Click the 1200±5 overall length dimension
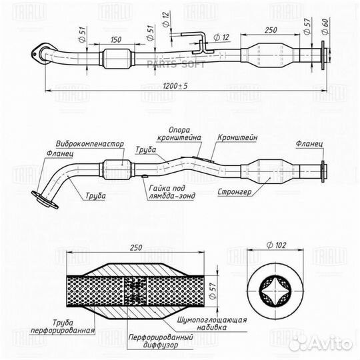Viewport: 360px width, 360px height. point(175,86)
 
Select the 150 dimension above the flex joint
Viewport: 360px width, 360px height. point(116,39)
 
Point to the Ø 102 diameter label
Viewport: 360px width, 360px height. point(277,245)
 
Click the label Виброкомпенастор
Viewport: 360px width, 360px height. point(90,144)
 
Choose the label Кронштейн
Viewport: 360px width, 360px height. point(237,137)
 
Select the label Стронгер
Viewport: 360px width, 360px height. point(235,192)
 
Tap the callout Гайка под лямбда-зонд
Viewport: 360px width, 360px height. point(172,192)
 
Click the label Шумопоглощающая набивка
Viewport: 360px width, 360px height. point(212,323)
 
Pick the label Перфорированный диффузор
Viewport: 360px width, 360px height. point(161,341)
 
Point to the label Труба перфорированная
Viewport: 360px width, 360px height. point(63,327)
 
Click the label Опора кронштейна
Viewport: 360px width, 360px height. point(179,133)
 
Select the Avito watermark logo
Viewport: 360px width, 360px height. point(321,343)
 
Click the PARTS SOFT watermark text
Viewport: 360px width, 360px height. point(176,65)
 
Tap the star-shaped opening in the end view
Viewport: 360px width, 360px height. point(275,291)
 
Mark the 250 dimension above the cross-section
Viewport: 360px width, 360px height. point(136,248)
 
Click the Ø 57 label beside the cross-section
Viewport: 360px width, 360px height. point(213,291)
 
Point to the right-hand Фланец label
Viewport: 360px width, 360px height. point(309,144)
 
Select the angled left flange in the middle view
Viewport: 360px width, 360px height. point(45,199)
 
